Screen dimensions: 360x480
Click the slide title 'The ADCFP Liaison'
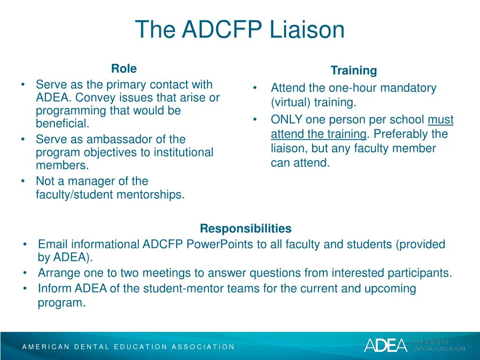(240, 30)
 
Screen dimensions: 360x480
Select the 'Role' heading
(124, 69)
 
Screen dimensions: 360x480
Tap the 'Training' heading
(353, 71)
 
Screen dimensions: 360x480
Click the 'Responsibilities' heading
(245, 229)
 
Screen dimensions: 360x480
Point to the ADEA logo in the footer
(386, 345)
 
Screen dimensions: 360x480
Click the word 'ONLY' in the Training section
(286, 120)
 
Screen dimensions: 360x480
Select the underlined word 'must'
(440, 120)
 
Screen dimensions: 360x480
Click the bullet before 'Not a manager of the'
(23, 181)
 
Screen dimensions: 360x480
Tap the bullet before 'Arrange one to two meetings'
(25, 273)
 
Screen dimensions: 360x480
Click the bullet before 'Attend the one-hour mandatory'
(255, 88)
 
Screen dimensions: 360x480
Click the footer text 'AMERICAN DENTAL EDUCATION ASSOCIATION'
(128, 347)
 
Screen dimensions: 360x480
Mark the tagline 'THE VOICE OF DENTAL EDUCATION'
(439, 345)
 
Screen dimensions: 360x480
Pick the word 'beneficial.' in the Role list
(62, 124)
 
